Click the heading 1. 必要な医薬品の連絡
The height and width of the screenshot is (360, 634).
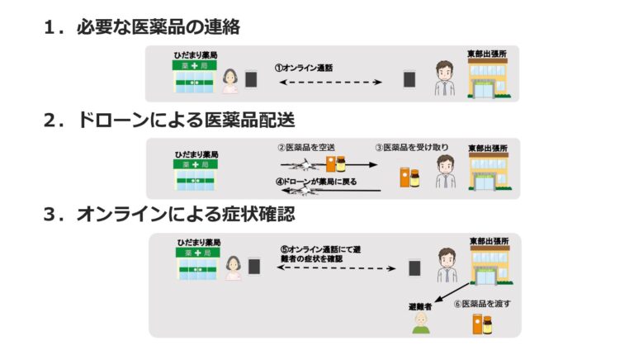[x=142, y=27]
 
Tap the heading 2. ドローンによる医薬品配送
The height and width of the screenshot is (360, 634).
[x=169, y=120]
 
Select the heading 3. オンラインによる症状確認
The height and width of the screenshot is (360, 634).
[x=169, y=214]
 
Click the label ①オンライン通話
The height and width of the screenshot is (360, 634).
[x=304, y=68]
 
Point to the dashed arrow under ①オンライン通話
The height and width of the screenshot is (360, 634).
[x=330, y=82]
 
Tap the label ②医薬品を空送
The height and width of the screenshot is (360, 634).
[x=306, y=148]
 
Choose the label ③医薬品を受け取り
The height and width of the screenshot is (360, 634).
[x=412, y=147]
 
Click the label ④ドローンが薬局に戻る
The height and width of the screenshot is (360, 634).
[x=316, y=182]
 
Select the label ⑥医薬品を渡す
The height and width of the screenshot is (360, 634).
[x=482, y=303]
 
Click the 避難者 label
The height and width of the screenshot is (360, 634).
[x=420, y=306]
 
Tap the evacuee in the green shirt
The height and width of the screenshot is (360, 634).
[x=421, y=323]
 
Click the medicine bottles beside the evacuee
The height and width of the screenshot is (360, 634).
[x=482, y=324]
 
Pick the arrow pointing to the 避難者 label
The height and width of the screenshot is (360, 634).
[x=452, y=292]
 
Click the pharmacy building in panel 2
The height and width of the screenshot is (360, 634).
[x=196, y=175]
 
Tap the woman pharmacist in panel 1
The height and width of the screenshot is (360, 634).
[x=230, y=81]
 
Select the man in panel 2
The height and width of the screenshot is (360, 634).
[x=446, y=172]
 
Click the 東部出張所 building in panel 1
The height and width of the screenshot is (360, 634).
[x=489, y=78]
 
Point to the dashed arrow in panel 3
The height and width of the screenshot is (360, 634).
[x=337, y=268]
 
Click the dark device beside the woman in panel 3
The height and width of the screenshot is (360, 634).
[x=254, y=267]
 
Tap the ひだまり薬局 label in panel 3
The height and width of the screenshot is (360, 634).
[x=199, y=242]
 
